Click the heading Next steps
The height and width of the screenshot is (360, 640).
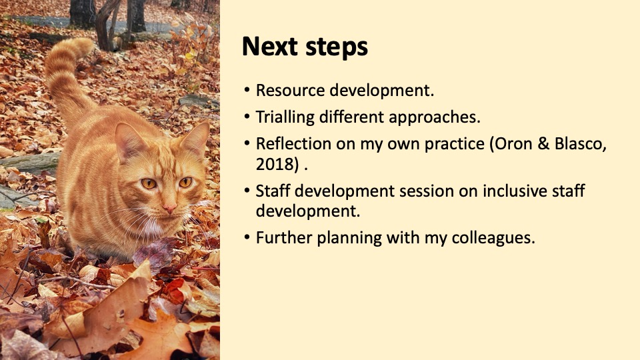coord(305,47)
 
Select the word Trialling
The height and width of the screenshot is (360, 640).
coord(285,117)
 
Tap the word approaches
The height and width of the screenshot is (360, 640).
coord(435,117)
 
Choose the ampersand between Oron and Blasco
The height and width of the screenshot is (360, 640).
coord(544,144)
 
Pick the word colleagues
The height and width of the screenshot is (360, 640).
coord(493,238)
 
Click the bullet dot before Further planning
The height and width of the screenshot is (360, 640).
coord(247,237)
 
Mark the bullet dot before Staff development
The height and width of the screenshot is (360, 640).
coord(247,190)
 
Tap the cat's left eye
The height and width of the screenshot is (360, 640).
coord(186,182)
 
